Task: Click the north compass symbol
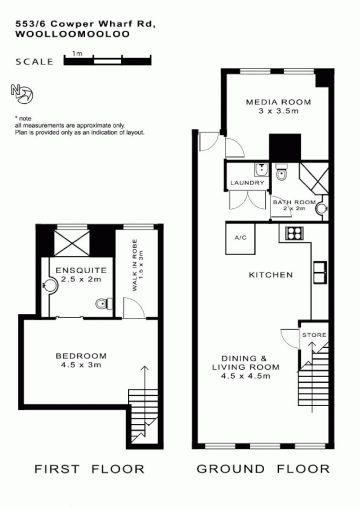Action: click(22, 94)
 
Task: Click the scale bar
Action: click(108, 59)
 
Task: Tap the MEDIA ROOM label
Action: click(278, 102)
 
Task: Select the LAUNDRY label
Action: click(247, 183)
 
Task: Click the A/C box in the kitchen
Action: click(241, 238)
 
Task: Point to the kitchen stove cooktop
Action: click(293, 233)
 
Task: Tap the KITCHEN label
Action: click(271, 275)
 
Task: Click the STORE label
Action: click(314, 335)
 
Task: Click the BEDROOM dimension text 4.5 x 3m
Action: click(81, 365)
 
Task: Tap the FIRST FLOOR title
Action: click(90, 468)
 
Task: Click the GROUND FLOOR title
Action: click(262, 468)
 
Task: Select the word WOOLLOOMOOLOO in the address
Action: click(72, 34)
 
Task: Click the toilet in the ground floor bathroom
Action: click(282, 175)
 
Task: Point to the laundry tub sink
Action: click(261, 170)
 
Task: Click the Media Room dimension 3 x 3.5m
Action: click(278, 111)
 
